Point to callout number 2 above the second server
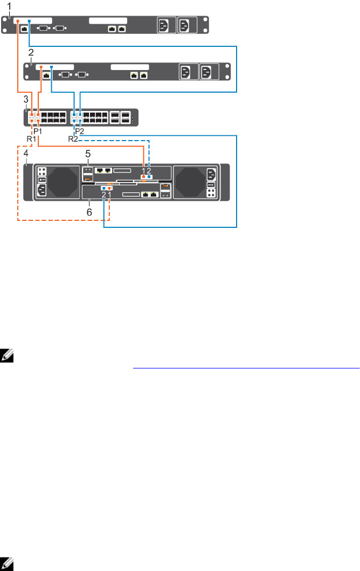pyautogui.click(x=31, y=52)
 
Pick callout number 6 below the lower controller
pyautogui.click(x=89, y=211)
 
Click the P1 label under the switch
pyautogui.click(x=38, y=131)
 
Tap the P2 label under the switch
pyautogui.click(x=80, y=131)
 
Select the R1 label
pyautogui.click(x=32, y=139)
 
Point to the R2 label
pyautogui.click(x=73, y=139)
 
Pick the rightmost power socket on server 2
pyautogui.click(x=206, y=71)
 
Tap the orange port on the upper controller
pyautogui.click(x=143, y=176)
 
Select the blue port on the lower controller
pyautogui.click(x=103, y=188)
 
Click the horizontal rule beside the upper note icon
pyautogui.click(x=246, y=369)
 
